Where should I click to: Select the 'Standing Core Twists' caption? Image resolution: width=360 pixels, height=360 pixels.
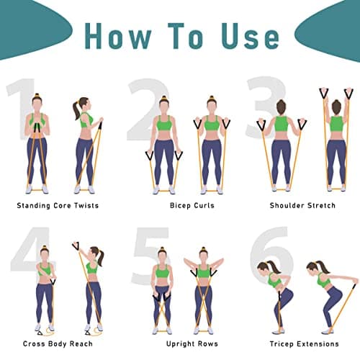click(x=58, y=206)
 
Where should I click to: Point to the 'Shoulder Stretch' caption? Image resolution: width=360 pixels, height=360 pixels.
click(x=302, y=206)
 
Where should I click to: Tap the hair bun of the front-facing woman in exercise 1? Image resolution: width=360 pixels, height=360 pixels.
click(x=37, y=96)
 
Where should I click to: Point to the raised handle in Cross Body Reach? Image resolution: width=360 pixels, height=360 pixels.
click(x=76, y=246)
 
